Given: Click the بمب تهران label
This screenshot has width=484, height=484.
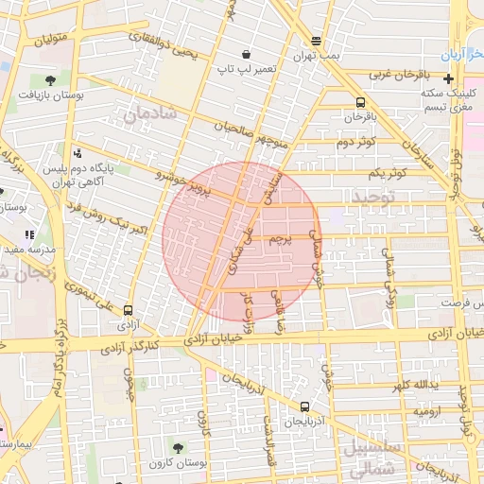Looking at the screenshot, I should tap(316, 57).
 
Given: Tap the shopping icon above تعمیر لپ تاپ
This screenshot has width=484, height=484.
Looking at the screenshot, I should tap(246, 54).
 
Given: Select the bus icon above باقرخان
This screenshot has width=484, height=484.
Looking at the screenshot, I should tap(359, 103).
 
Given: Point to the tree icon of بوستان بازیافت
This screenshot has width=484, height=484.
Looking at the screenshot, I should tap(48, 80).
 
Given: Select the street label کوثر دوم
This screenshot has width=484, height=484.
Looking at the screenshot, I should tap(356, 142).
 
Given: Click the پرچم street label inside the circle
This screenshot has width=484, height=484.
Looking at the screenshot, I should tap(279, 240).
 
